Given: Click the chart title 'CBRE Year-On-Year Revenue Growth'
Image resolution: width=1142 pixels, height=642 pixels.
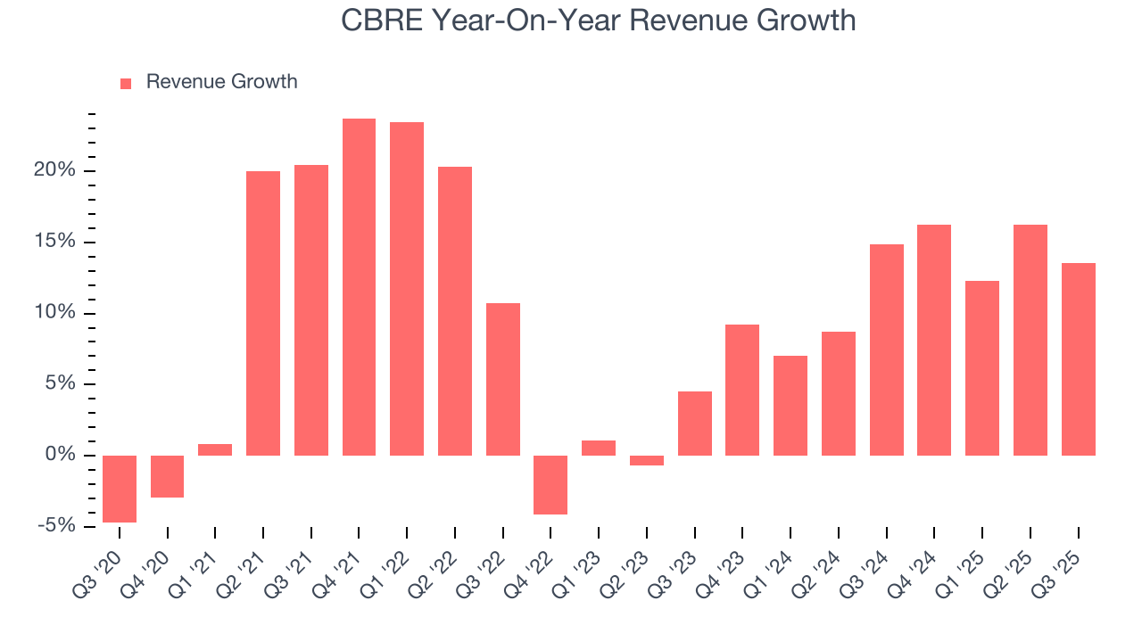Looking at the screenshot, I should click(598, 20).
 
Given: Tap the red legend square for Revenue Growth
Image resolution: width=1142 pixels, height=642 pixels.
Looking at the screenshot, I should click(126, 83).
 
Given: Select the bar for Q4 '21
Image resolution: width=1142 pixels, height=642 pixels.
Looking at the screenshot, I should click(359, 287).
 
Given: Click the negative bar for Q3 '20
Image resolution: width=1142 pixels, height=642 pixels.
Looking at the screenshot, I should click(120, 489).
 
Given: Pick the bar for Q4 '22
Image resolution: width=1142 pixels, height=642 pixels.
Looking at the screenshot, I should click(550, 485).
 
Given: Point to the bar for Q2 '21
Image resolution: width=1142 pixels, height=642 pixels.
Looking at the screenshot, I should click(263, 313).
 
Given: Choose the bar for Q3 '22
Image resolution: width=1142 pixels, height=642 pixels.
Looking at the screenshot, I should click(503, 379).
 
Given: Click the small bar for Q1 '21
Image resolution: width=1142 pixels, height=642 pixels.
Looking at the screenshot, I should click(215, 449).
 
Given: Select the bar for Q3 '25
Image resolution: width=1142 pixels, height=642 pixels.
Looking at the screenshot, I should click(1078, 359).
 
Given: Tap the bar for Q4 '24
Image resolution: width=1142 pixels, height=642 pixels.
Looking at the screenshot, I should click(934, 340).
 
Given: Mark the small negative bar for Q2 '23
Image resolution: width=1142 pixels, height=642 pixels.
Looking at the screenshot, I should click(647, 460).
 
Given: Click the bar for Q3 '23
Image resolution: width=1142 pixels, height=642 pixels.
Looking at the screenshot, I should click(695, 424).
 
